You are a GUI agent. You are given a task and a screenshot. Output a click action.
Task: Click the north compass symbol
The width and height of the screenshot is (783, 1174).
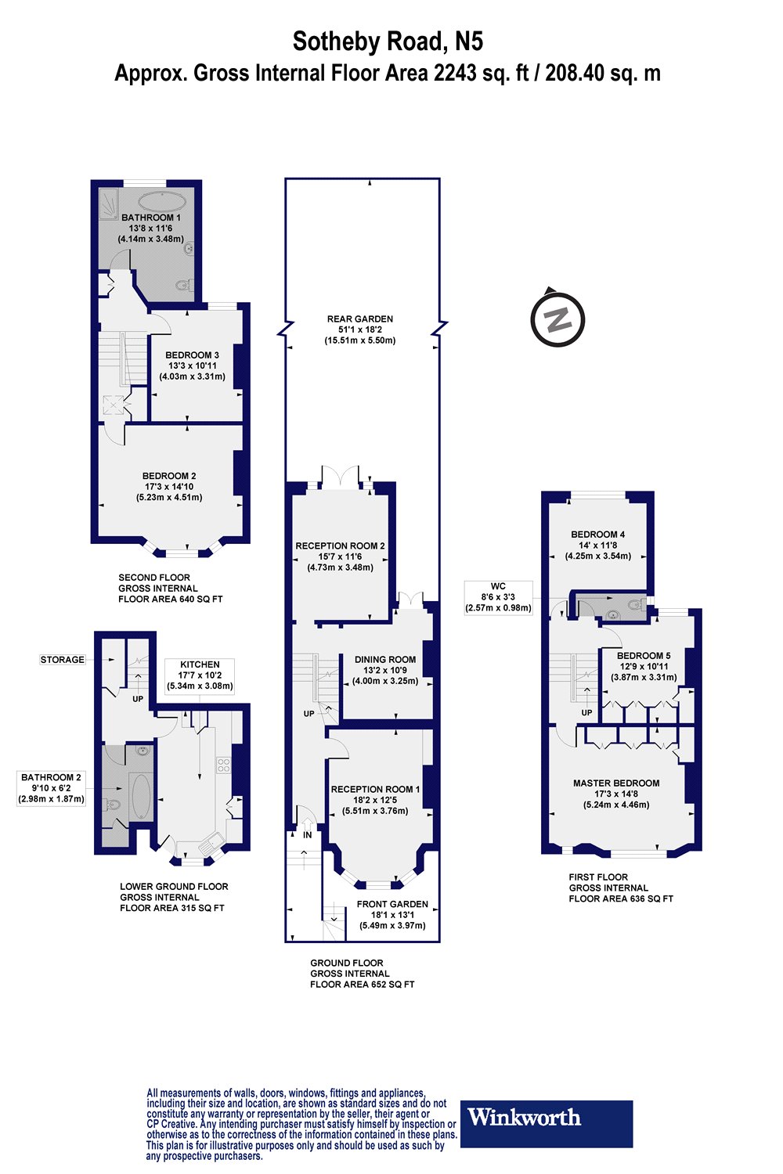557,319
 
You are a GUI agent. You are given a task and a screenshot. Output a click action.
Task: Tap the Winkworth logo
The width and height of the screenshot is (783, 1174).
546,1123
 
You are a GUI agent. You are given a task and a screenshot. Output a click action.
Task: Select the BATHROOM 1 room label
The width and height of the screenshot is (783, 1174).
150,218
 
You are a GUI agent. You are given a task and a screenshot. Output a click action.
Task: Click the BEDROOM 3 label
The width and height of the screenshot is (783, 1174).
192,355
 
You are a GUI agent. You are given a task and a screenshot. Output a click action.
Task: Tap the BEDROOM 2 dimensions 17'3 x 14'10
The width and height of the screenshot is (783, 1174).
169,487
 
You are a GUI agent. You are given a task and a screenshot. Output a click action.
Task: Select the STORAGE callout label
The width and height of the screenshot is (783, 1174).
63,660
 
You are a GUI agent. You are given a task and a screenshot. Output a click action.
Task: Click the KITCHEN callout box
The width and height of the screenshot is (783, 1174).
200,675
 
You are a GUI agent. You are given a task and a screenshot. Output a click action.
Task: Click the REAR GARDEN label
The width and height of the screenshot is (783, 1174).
360,319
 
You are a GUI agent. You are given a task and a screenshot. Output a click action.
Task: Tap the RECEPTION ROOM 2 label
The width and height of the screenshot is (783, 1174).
340,546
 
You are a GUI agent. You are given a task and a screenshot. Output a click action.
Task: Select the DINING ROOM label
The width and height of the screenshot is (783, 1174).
385,660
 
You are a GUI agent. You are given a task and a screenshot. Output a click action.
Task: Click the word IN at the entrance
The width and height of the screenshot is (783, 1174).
308,835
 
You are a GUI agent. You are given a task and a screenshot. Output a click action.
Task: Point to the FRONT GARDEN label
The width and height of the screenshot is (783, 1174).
392,904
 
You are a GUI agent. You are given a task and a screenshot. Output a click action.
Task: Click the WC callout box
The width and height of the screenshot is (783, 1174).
498,596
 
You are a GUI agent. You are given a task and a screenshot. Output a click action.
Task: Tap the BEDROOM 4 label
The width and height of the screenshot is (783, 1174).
597,535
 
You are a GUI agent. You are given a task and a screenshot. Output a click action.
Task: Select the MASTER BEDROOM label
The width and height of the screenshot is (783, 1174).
616,783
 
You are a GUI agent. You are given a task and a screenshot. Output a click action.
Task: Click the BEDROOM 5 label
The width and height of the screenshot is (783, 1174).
644,656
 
